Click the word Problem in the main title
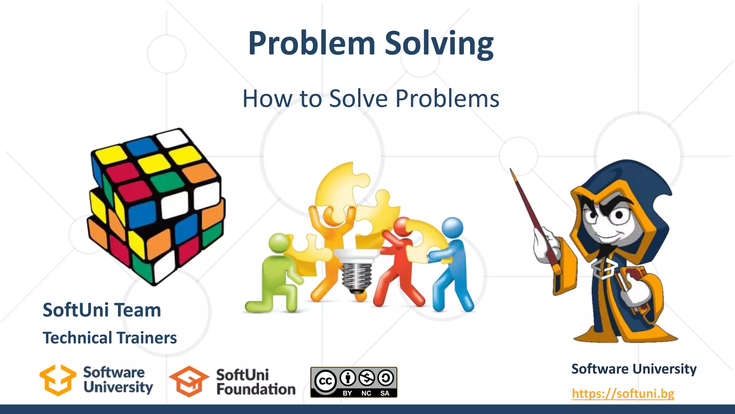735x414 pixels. pos(312,43)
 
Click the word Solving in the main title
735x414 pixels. pos(439,43)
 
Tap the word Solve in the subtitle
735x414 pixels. pos(359,98)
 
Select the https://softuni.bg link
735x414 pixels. pos(623,394)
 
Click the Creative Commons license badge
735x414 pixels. pos(354,382)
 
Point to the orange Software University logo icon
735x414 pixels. pos(58,380)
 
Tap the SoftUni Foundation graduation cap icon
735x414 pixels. pos(189,381)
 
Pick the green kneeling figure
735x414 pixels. pos(276,273)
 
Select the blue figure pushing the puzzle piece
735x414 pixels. pos(451,266)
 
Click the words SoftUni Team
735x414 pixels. pos(102,310)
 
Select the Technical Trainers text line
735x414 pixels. pos(110,338)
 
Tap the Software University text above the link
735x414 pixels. pos(634,369)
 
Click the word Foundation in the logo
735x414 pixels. pos(256,389)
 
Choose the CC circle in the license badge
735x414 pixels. pos(325,381)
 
